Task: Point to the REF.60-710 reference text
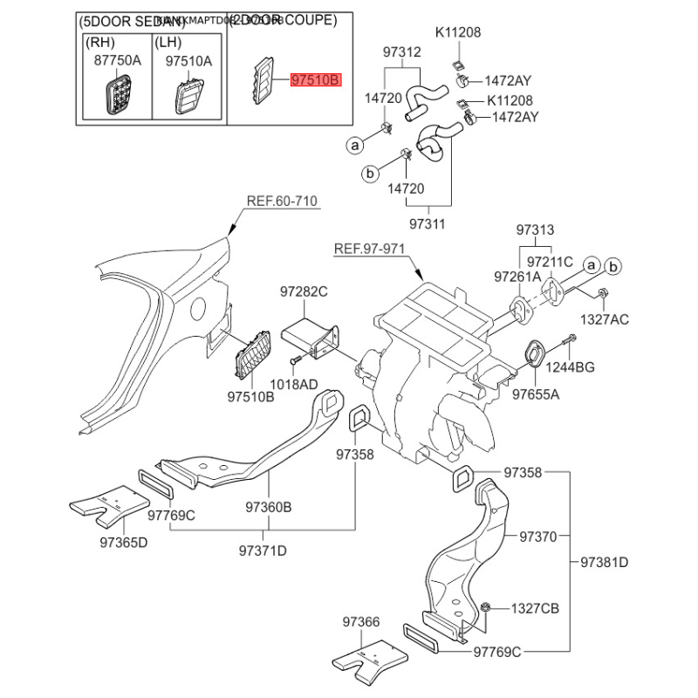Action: point(282,202)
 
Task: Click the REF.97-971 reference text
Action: point(370,250)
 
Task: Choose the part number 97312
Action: point(402,52)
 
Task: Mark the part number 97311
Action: point(428,224)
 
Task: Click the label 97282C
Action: point(304,291)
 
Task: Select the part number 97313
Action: point(535,229)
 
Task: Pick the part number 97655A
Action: point(536,394)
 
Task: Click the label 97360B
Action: point(269,507)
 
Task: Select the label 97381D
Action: point(604,563)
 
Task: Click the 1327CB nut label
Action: point(535,607)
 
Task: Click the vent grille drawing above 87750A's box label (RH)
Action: point(117,92)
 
